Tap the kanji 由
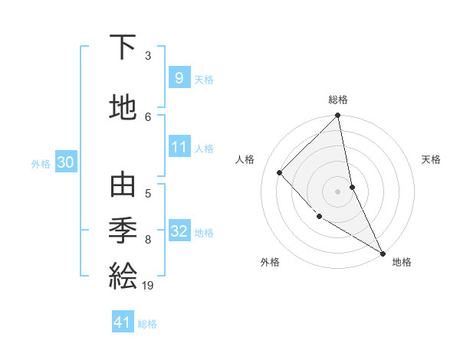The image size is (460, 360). coord(123,186)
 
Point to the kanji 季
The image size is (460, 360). coord(123,231)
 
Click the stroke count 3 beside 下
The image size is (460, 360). coord(148,55)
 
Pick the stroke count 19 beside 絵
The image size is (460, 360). coord(149,286)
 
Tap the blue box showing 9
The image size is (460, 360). coord(179,78)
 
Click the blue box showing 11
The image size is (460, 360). coord(179,147)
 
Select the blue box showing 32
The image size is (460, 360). coord(179,231)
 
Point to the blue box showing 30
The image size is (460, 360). coord(65,162)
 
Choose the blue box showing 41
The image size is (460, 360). coord(123,322)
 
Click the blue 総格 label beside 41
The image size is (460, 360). coord(147,324)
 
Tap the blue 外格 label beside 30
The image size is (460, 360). coord(41,163)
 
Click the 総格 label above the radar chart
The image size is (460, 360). coord(338,100)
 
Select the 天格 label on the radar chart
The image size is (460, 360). coord(431,159)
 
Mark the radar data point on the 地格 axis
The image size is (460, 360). coord(382,253)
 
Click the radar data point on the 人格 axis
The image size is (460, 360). coord(280,172)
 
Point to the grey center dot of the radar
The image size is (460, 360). coord(337,191)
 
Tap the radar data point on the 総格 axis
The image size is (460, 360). coord(338,116)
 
